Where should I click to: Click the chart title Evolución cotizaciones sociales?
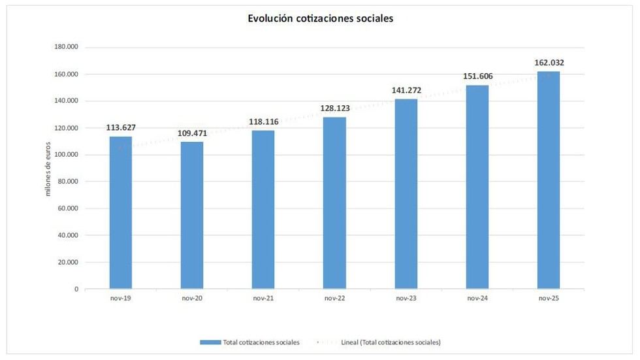tap(320, 19)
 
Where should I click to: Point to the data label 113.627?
tap(121, 128)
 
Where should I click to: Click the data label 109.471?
tap(192, 134)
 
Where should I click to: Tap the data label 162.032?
tap(549, 63)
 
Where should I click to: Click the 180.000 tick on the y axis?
tap(66, 47)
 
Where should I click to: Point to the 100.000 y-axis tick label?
tap(66, 155)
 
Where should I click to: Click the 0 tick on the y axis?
tap(76, 289)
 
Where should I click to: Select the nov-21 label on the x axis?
tap(263, 298)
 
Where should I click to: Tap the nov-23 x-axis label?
tap(406, 298)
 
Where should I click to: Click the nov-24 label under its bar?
tap(477, 298)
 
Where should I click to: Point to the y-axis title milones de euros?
tap(48, 169)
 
